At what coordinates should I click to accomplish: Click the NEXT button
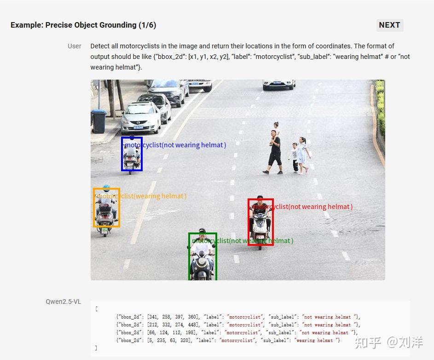coord(389,25)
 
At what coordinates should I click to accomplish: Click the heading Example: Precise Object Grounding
coord(83,25)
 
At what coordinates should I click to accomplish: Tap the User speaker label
coord(75,46)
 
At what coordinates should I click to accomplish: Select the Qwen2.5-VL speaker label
coord(63,302)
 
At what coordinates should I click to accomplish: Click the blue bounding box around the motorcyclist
coord(132,154)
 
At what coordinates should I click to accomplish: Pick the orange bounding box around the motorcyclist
coord(106,208)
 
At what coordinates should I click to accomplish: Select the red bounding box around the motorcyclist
coord(260,222)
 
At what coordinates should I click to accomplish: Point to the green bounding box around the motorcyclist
coord(203,256)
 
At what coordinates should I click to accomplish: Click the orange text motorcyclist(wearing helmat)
coord(142,196)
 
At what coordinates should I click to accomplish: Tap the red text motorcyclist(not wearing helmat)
coord(302,207)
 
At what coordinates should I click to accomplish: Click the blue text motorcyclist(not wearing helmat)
coord(175,145)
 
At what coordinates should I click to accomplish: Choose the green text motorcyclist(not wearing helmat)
coord(243,241)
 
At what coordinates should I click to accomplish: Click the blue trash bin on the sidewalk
coord(99,121)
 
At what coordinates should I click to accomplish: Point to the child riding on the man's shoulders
coord(276,128)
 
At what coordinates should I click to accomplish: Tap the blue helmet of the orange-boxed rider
coord(106,188)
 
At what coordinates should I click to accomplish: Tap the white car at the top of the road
coord(278,84)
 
